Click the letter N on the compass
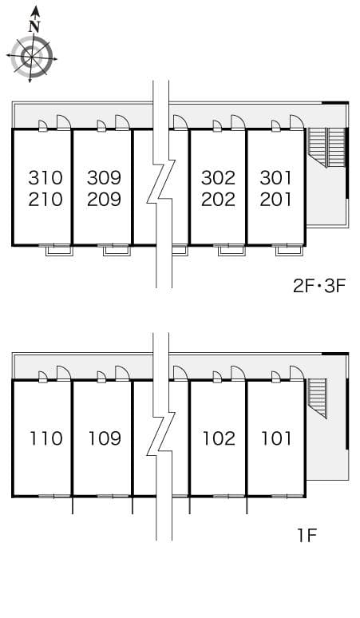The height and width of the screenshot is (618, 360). pyautogui.click(x=35, y=27)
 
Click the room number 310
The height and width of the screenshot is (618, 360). pyautogui.click(x=45, y=178)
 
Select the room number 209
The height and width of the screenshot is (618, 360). pyautogui.click(x=104, y=200)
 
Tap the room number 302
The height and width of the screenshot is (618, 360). pyautogui.click(x=218, y=178)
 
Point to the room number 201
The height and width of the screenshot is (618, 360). pyautogui.click(x=275, y=200)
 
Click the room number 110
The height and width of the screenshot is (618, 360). pyautogui.click(x=46, y=438)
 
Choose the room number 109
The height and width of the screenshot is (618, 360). pyautogui.click(x=105, y=438)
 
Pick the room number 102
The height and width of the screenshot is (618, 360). pyautogui.click(x=219, y=438)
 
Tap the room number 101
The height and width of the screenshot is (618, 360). pyautogui.click(x=276, y=438)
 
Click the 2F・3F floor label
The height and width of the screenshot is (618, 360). pyautogui.click(x=319, y=286)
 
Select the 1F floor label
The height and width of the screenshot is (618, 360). pyautogui.click(x=307, y=535)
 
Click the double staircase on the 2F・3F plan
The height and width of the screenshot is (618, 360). pyautogui.click(x=326, y=148)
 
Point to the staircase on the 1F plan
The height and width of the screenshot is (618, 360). pyautogui.click(x=317, y=398)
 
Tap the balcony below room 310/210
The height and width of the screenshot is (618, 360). pyautogui.click(x=59, y=250)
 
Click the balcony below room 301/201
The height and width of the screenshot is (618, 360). pyautogui.click(x=290, y=250)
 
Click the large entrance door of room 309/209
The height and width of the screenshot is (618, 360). pyautogui.click(x=122, y=123)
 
